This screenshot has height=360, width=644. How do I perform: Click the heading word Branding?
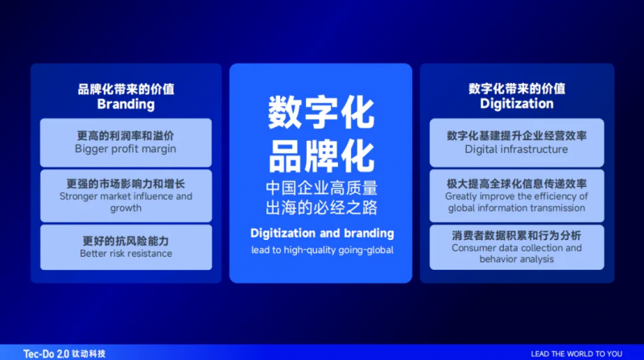126,105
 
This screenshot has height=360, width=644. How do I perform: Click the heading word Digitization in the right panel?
517,104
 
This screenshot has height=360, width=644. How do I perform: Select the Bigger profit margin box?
126,143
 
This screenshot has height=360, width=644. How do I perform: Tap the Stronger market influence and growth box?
126,196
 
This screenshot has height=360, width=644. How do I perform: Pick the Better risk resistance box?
126,247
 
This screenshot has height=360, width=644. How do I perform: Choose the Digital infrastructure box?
517,143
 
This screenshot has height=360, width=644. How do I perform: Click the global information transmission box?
517,196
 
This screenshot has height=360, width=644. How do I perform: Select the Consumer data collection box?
517,247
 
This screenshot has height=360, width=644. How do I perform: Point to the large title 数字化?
321,113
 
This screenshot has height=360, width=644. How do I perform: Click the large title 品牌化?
321,156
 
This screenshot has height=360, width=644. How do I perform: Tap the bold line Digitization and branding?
322,234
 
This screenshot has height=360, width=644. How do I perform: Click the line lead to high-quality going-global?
322,250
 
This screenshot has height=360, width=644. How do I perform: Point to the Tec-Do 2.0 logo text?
46,354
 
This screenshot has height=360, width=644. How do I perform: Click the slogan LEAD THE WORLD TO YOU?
576,354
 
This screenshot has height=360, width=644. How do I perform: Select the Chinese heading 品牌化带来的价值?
126,89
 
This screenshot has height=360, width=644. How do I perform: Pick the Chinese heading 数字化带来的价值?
517,89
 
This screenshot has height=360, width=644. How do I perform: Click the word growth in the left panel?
126,209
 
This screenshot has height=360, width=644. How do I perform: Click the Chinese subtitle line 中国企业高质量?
321,188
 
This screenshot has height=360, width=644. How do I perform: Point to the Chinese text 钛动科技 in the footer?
89,354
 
